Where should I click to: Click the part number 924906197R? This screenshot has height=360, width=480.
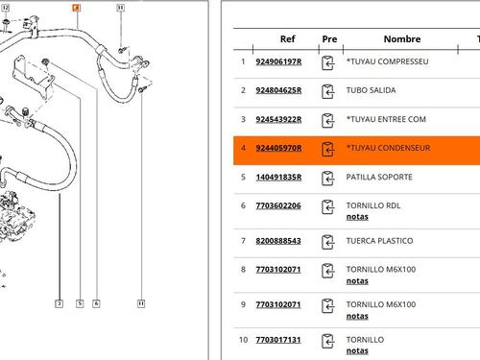278,61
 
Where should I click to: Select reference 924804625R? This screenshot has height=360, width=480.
278,90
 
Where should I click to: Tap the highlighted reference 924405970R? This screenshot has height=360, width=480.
278,149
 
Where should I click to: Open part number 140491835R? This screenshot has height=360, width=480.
278,178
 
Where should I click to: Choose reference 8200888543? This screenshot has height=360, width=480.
278,241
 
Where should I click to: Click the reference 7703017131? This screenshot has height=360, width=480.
278,339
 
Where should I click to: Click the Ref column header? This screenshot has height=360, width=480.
287,40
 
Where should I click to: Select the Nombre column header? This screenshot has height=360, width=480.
402,40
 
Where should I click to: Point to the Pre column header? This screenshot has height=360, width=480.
330,40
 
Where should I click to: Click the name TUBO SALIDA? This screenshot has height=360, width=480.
371,90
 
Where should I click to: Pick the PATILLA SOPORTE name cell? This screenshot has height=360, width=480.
379,178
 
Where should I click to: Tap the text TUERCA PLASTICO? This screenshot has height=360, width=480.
379,241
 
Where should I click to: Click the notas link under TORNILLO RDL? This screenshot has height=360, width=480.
356,217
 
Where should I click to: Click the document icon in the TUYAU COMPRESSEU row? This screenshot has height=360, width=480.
329,61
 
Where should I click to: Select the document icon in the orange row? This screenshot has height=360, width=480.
329,149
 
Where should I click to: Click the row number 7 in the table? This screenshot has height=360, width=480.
243,241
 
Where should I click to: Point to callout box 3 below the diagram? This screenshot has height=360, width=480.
60,303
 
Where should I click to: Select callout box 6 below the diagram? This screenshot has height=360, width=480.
96,303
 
